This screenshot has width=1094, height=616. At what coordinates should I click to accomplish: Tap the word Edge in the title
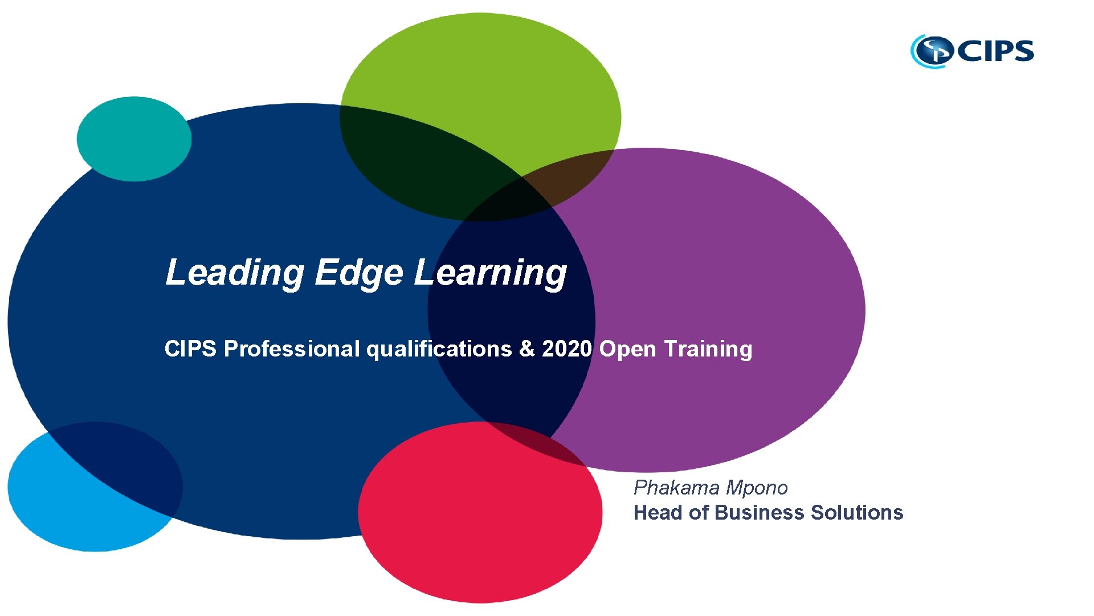click(359, 273)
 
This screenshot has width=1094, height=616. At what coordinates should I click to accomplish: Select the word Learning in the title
click(490, 273)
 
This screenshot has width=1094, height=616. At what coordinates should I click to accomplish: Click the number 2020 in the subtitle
click(567, 348)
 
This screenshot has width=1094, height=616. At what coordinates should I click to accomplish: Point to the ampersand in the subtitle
click(527, 348)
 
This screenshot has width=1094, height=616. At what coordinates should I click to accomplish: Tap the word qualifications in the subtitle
click(439, 348)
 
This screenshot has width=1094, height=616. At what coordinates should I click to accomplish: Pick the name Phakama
click(676, 488)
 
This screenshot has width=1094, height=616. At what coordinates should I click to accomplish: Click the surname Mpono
click(757, 488)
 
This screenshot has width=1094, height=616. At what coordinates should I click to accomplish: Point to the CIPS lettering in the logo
click(996, 51)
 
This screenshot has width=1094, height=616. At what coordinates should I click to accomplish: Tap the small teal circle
click(134, 139)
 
